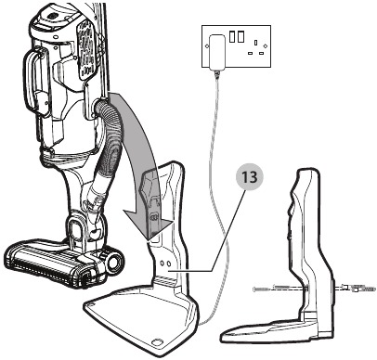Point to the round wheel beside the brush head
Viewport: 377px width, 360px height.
[112, 264]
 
